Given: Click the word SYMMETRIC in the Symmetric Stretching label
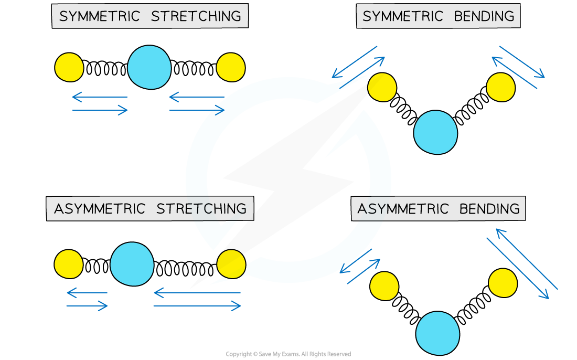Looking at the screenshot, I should click(x=100, y=16).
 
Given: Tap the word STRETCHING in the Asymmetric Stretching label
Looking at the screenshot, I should click(x=201, y=209).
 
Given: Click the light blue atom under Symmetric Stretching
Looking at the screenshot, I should click(x=149, y=67).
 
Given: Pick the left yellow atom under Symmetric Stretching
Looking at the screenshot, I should click(x=69, y=67).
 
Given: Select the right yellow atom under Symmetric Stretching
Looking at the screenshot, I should click(x=231, y=67).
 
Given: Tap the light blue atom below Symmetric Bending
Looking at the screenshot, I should click(x=435, y=132).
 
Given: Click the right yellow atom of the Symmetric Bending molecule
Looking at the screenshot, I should click(x=501, y=87).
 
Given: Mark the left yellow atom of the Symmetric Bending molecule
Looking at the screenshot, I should click(x=382, y=87).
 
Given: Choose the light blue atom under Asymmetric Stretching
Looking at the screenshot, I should click(x=132, y=264).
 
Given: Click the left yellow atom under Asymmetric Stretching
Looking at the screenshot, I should click(x=69, y=264).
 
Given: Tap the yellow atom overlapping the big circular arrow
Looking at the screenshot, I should click(x=231, y=264).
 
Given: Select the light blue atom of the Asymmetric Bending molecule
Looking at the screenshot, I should click(x=437, y=333).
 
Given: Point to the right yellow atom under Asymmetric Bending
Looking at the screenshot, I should click(x=503, y=283).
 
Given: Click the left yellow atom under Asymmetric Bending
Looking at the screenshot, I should click(x=384, y=286).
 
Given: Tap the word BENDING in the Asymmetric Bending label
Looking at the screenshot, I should click(x=489, y=209).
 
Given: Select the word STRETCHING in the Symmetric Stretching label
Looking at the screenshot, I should click(x=196, y=16).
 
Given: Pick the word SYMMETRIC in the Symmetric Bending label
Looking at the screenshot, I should click(x=403, y=16).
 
